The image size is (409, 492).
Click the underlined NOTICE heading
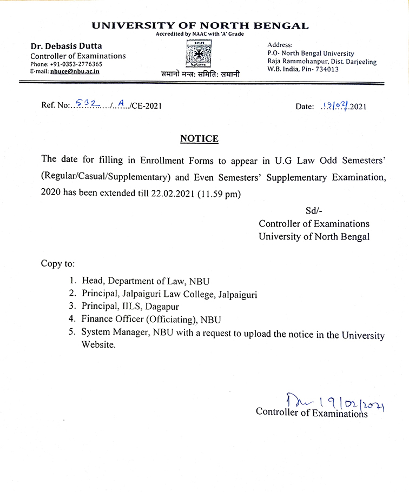point(199,139)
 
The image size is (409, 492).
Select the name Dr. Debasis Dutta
point(66,46)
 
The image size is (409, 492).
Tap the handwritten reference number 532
point(85,104)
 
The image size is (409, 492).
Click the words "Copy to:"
point(58,264)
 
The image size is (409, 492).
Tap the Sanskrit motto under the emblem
point(200,74)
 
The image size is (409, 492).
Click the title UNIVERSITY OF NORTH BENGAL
point(200,25)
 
